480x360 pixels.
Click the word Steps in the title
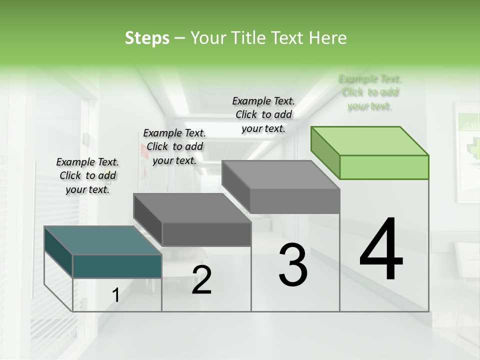point(147,38)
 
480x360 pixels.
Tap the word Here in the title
point(328,38)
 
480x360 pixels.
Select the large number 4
point(381,250)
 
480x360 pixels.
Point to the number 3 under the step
point(293,265)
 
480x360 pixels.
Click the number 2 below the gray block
point(201,280)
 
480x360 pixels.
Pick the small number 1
point(115,295)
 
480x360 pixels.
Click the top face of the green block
point(370,140)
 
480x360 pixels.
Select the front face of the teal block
point(117,266)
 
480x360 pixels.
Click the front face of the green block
point(384,167)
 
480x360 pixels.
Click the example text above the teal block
point(87,175)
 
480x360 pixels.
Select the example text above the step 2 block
point(174,146)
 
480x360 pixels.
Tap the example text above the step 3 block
point(263,114)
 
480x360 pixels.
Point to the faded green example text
point(370,92)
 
